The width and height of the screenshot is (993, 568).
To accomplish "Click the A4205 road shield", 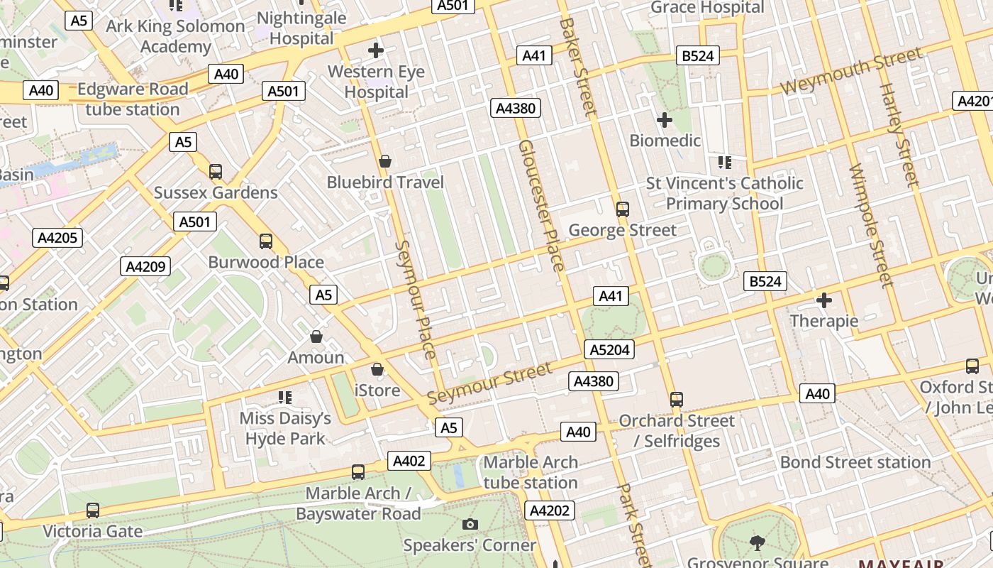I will coord(57,238).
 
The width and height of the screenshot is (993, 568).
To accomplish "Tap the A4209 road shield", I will coord(146,267).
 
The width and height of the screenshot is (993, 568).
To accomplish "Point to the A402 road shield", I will coord(409,461).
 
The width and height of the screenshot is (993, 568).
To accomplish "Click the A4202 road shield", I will coord(550,510).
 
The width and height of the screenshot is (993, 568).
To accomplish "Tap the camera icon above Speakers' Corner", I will coord(470,525).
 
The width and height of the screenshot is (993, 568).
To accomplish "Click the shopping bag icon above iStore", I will coord(377,369).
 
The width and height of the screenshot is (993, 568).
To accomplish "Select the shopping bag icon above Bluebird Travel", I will coord(385,162).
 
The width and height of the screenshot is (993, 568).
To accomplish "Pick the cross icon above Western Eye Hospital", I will coord(376,50).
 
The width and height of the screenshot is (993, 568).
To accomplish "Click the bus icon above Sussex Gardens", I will coord(216,171).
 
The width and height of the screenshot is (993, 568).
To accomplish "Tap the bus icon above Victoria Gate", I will coord(93,510).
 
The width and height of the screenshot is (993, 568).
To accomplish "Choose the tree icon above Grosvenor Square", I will coord(758,543).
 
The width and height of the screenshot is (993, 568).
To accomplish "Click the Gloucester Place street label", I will coord(542,206).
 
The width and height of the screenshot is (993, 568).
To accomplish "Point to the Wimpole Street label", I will coord(870,226).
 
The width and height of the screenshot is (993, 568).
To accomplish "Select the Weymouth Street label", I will coord(851,71).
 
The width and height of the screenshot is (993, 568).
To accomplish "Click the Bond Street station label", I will coord(855,462).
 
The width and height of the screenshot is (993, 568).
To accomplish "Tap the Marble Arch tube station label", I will coord(531,472).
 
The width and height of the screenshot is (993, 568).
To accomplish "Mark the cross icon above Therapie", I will coord(824,300).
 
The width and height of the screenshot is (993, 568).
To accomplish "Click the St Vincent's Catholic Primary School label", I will coord(724,193).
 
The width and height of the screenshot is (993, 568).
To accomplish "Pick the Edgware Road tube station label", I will coord(133,99).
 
